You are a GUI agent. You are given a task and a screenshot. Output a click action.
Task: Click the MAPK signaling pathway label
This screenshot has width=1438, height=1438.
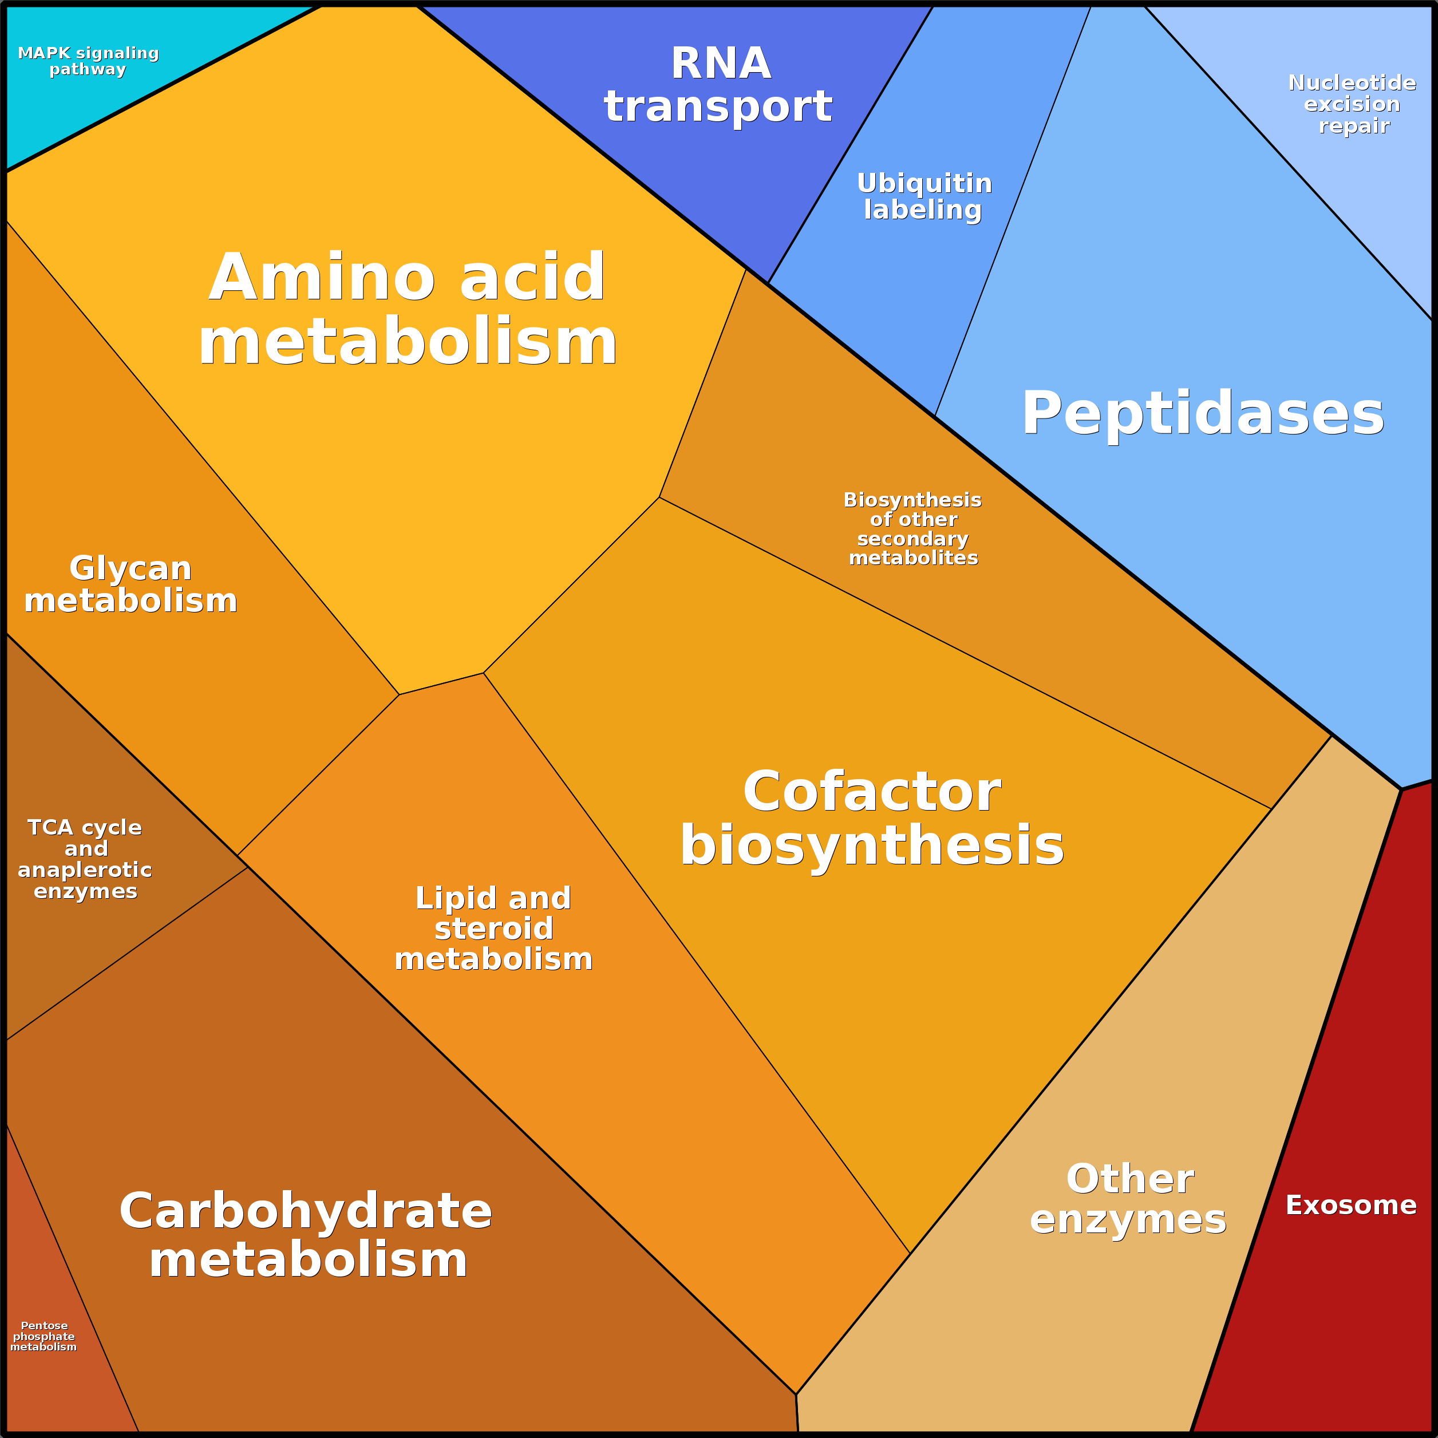click(88, 61)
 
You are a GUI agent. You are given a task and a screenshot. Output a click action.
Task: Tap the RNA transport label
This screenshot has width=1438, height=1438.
click(718, 84)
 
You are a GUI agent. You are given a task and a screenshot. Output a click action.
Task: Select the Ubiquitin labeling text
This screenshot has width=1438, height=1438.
click(924, 196)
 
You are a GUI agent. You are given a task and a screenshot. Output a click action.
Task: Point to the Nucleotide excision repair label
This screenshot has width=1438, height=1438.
click(1352, 104)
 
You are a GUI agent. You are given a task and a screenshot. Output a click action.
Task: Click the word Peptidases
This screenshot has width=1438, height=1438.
click(1202, 414)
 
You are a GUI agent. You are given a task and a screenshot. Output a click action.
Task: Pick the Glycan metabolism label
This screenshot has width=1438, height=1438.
click(131, 584)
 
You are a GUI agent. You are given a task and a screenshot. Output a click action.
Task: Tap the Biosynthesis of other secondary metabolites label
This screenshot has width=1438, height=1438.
click(912, 528)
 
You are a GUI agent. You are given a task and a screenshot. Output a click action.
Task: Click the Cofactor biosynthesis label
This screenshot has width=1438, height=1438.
click(872, 818)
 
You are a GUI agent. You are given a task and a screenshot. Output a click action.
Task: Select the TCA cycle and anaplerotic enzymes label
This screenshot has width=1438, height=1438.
click(85, 859)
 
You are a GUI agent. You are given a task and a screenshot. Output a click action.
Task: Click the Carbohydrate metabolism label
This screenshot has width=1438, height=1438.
click(306, 1235)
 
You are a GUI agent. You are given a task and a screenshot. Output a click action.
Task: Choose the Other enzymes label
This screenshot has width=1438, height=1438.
click(1128, 1199)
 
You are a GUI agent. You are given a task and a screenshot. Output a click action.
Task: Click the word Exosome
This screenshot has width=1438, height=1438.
click(1351, 1205)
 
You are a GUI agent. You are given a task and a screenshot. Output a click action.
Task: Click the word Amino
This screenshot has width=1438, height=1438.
click(322, 277)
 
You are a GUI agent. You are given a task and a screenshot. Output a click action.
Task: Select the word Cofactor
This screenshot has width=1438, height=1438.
click(872, 791)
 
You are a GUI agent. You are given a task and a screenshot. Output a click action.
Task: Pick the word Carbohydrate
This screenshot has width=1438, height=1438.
click(306, 1211)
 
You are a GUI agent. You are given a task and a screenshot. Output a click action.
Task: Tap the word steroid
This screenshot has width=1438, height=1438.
click(493, 929)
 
